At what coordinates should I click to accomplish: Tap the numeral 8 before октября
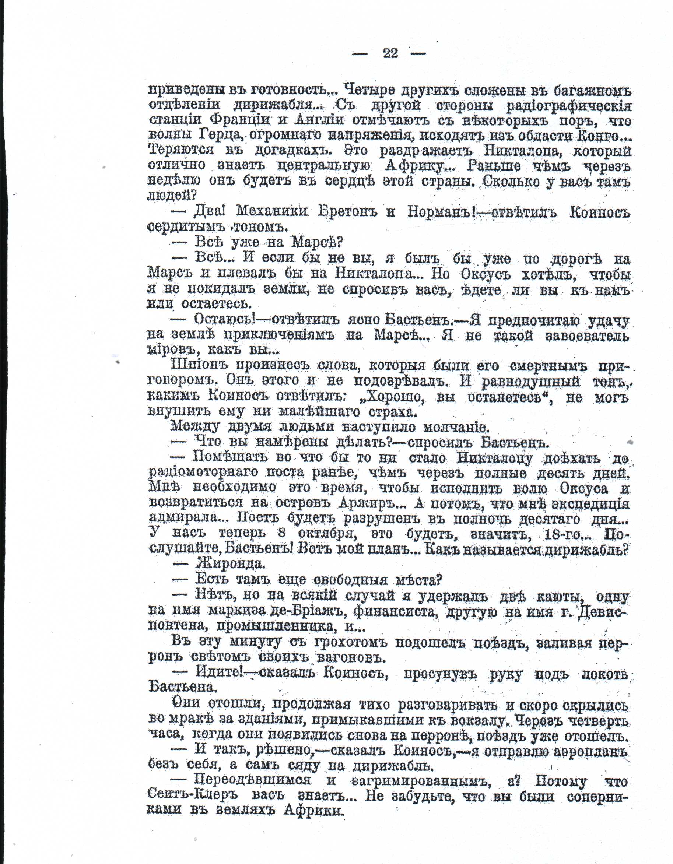tap(282, 533)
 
